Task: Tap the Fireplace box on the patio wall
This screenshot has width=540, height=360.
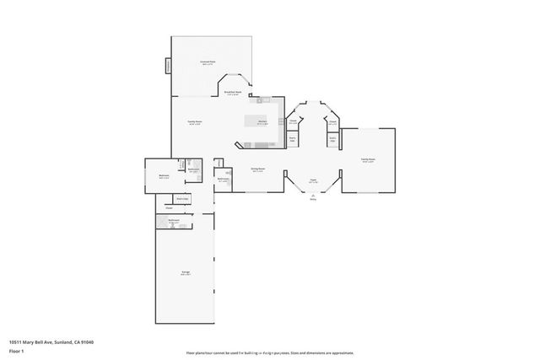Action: pyautogui.click(x=168, y=65)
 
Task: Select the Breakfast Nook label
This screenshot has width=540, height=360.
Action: pyautogui.click(x=234, y=93)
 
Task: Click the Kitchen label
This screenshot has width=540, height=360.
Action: pyautogui.click(x=262, y=123)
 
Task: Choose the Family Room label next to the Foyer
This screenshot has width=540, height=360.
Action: pyautogui.click(x=368, y=159)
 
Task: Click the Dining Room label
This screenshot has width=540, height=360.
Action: pyautogui.click(x=257, y=169)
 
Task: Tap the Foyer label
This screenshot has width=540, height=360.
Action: pyautogui.click(x=312, y=180)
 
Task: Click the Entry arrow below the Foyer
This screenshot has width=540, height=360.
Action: pyautogui.click(x=312, y=198)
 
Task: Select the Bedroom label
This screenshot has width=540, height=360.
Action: pyautogui.click(x=164, y=176)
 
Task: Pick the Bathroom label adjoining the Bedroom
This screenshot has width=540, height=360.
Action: pyautogui.click(x=193, y=170)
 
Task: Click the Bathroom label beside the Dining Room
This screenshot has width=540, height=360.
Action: pyautogui.click(x=223, y=179)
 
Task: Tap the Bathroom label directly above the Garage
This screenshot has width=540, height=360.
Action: pyautogui.click(x=173, y=221)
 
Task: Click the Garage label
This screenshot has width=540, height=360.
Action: pyautogui.click(x=184, y=272)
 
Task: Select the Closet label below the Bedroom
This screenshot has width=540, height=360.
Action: pyautogui.click(x=169, y=207)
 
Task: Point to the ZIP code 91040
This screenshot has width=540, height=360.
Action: pyautogui.click(x=87, y=342)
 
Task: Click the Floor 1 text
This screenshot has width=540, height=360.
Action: pyautogui.click(x=16, y=351)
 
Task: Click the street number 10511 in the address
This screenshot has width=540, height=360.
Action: pyautogui.click(x=15, y=342)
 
